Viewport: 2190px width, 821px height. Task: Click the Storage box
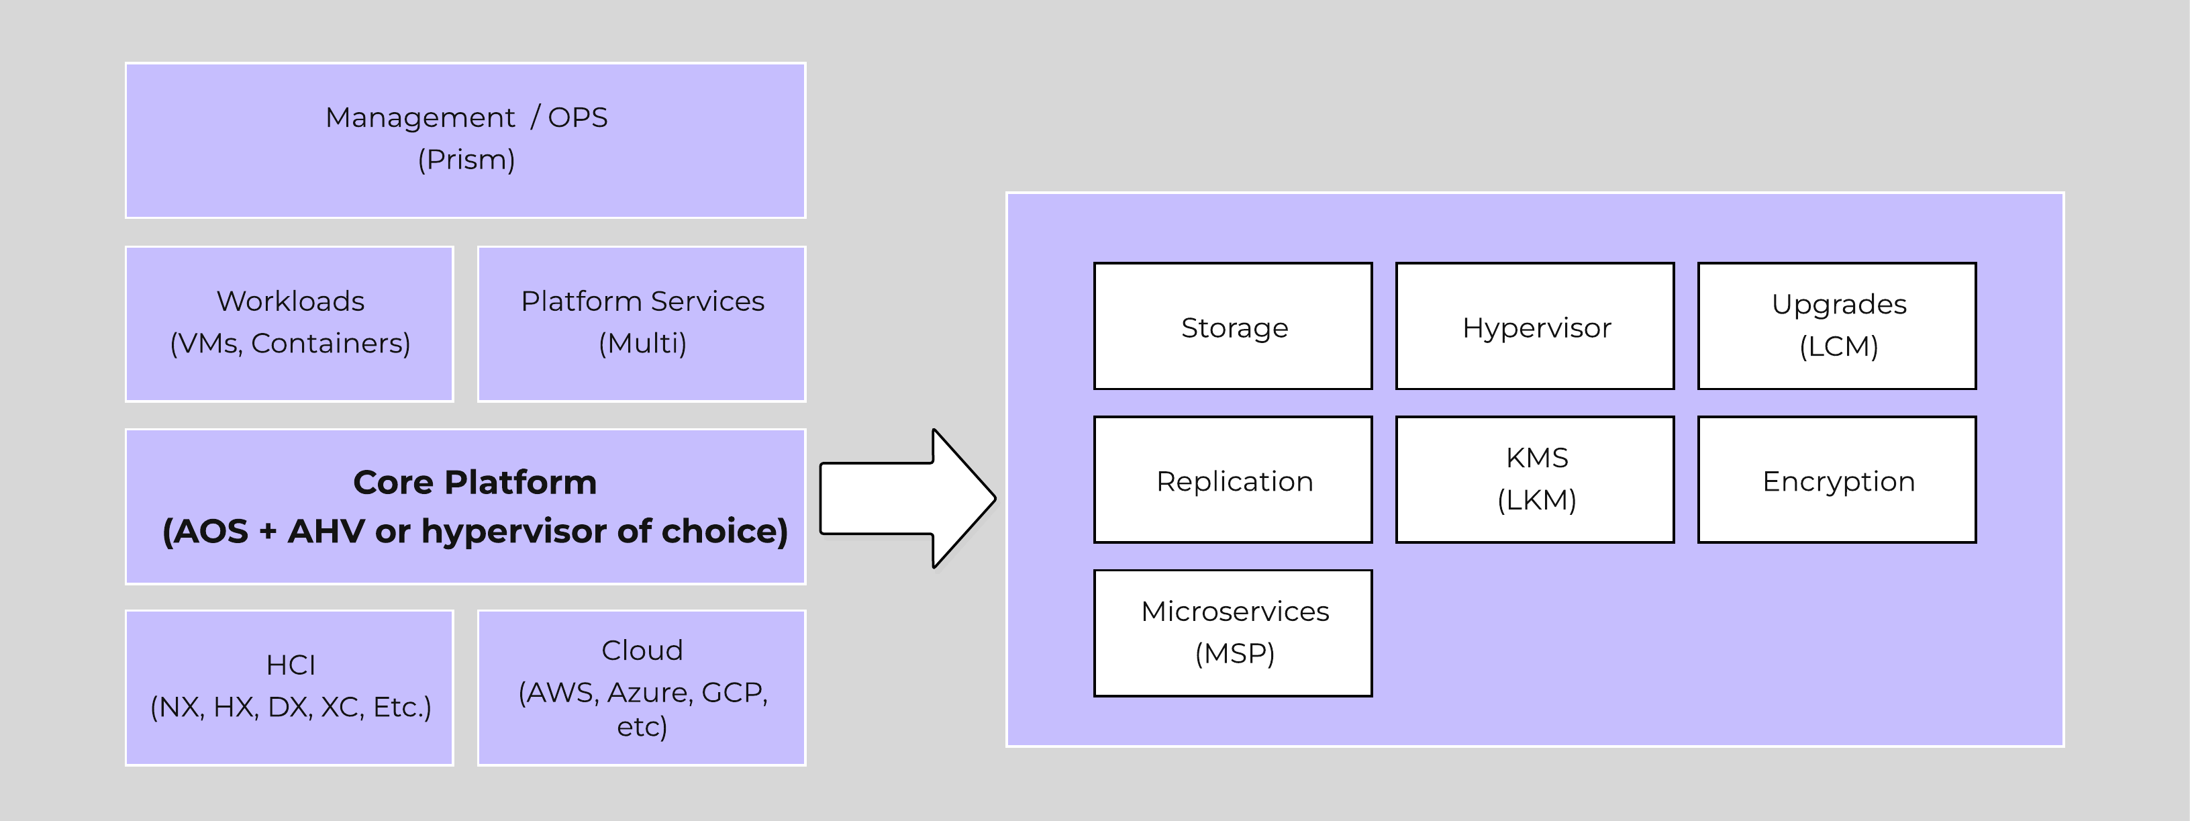1233,326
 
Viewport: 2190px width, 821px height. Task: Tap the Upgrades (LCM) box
1836,326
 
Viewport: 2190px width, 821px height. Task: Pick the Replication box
1233,480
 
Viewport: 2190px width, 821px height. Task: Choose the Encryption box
1836,480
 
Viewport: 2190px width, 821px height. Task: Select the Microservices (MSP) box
1233,633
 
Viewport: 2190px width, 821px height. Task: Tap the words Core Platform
475,483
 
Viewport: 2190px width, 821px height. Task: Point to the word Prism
466,160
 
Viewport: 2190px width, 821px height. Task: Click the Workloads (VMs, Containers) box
289,324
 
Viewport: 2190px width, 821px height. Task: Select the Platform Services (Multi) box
641,324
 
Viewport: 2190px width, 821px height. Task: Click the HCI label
290,665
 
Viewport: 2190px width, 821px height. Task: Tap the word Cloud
642,650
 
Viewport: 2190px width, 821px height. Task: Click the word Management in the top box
420,117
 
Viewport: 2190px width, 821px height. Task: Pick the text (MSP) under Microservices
1234,654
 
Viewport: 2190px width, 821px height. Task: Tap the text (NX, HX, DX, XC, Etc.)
290,707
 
